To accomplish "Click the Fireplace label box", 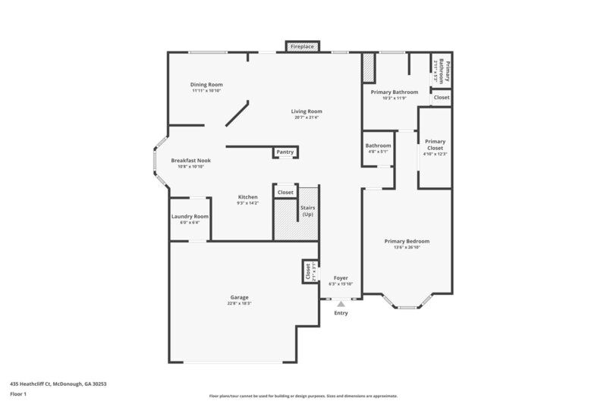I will click(x=302, y=47).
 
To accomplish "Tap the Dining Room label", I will click(x=206, y=85).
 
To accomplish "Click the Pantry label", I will click(x=285, y=152).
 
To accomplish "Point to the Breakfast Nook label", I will click(x=190, y=161).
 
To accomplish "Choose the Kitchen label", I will click(x=247, y=197).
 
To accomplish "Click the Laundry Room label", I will click(x=190, y=216).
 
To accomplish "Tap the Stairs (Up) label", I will click(x=308, y=211).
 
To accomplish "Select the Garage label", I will click(x=239, y=297).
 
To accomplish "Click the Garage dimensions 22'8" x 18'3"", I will click(x=239, y=303).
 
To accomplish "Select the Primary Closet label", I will click(x=435, y=144).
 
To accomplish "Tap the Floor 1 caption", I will click(x=19, y=394).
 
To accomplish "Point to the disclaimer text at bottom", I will click(x=303, y=396).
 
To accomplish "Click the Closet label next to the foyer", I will click(x=307, y=271).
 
